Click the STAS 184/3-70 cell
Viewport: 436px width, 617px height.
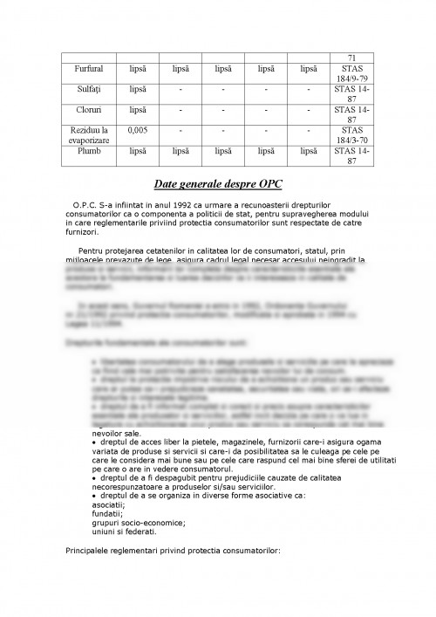pyautogui.click(x=352, y=135)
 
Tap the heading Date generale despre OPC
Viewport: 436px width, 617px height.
pyautogui.click(x=217, y=185)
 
